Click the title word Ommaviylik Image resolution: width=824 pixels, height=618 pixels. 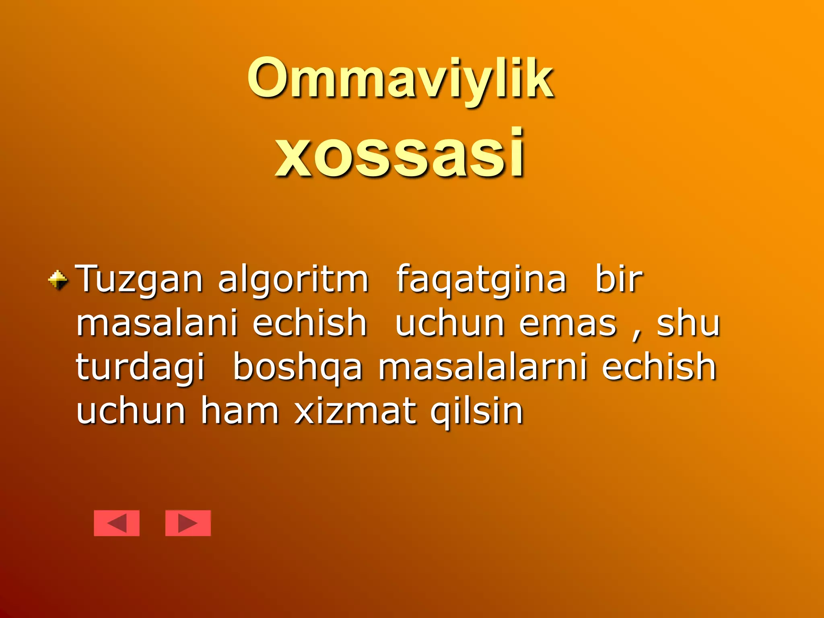click(x=400, y=78)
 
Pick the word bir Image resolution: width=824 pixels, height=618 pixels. click(x=618, y=278)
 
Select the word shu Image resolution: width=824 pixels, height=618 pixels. click(x=688, y=323)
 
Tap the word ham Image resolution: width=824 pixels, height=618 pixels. click(x=240, y=410)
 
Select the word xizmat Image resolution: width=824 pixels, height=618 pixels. click(x=354, y=410)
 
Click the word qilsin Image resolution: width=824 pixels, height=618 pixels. click(x=476, y=411)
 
